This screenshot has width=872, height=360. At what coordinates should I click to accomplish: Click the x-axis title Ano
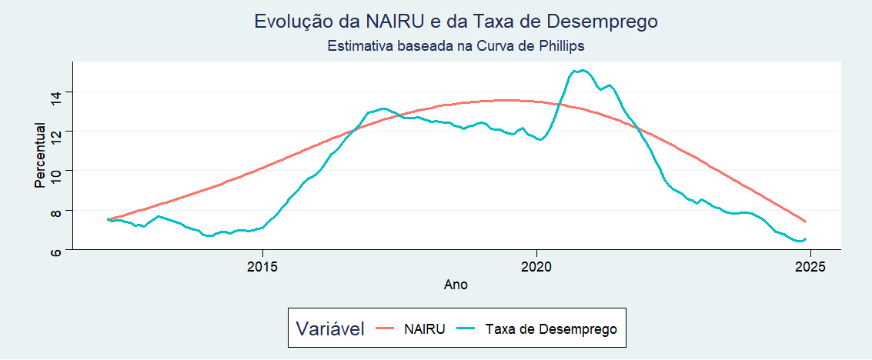point(456,285)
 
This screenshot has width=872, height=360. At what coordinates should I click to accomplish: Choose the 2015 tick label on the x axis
point(263,266)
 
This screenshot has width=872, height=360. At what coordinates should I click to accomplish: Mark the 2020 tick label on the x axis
point(536,266)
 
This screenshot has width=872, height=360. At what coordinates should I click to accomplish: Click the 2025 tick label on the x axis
point(810,266)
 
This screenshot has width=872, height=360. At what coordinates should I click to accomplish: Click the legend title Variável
point(330,329)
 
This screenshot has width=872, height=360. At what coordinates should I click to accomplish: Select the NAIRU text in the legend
point(424,329)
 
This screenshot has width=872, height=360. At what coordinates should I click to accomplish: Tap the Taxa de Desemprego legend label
point(552,329)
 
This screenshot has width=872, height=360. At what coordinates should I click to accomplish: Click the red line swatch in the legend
point(387,329)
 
